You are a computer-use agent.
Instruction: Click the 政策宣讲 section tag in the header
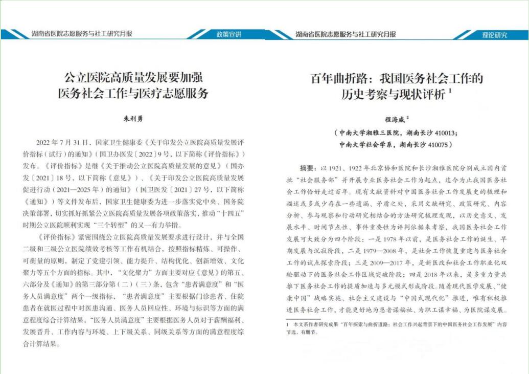[x=228, y=35]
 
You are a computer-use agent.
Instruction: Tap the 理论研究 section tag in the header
[x=495, y=35]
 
